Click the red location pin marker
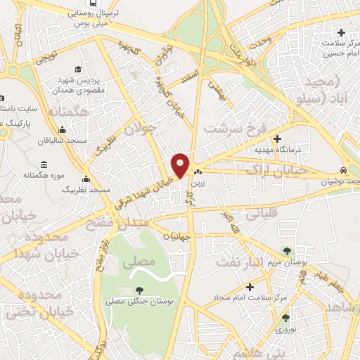181,165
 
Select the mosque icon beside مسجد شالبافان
63,129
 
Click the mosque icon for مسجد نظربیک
86,179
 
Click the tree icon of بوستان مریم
286,251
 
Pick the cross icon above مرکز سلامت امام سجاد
250,287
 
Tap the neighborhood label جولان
139,129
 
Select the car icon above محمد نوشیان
342,170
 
